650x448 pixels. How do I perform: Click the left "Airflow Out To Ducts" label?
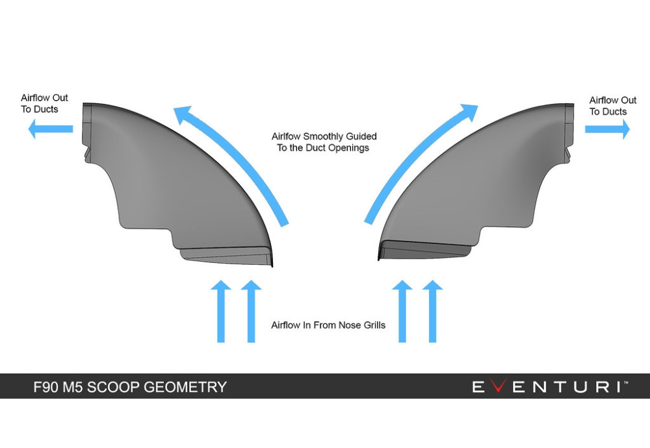pyautogui.click(x=44, y=104)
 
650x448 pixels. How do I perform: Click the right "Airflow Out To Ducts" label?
pyautogui.click(x=612, y=106)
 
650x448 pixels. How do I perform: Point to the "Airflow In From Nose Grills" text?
pyautogui.click(x=328, y=325)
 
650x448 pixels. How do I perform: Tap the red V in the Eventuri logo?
pyautogui.click(x=497, y=387)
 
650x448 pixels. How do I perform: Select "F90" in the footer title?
pyautogui.click(x=47, y=388)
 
